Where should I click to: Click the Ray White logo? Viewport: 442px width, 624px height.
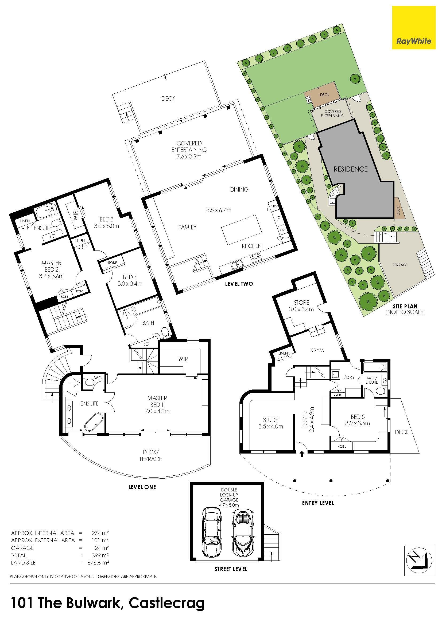(x=414, y=28)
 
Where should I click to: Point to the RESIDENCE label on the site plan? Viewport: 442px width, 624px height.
(x=351, y=169)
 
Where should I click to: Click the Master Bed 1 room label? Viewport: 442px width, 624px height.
(x=157, y=405)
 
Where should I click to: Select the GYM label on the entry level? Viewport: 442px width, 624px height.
(x=317, y=350)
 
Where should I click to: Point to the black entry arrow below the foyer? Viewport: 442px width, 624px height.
(x=301, y=454)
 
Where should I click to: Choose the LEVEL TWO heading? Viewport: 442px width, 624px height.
(x=239, y=284)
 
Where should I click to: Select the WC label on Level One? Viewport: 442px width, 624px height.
(x=98, y=378)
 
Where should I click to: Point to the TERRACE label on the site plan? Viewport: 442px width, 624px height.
(x=400, y=265)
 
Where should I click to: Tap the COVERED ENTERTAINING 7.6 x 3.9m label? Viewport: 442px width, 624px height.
(x=189, y=150)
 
